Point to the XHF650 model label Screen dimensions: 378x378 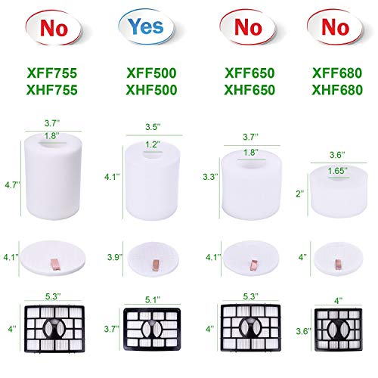(x=240, y=91)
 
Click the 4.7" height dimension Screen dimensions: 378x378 (x=10, y=183)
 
